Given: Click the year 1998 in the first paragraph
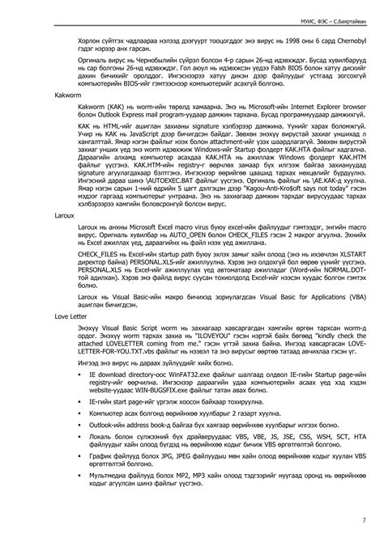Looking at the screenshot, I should [x=271, y=37].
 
